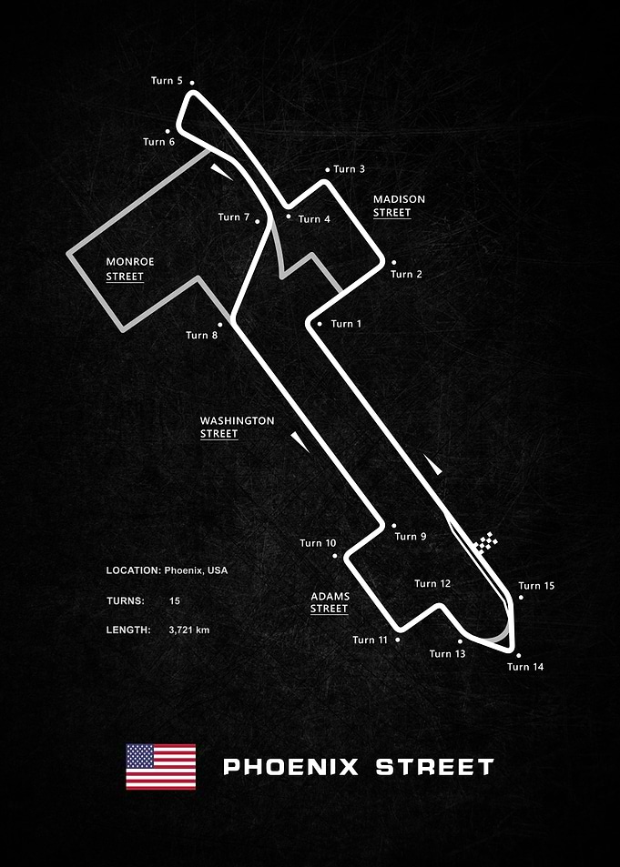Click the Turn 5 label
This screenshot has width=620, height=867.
pos(167,81)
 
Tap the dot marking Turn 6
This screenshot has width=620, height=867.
pos(168,132)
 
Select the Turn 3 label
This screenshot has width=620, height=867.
pos(349,169)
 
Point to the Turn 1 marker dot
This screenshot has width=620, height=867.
pos(320,324)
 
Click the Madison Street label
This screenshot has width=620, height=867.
pos(399,206)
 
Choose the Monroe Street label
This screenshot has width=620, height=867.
pos(130,268)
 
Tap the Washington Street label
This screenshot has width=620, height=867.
pos(237,428)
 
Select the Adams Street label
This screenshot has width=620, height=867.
pos(330,602)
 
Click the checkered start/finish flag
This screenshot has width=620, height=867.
pos(486,542)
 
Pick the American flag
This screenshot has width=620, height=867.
pos(160,766)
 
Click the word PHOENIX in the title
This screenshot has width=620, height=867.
pos(290,767)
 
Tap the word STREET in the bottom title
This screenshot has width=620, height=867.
pos(434,767)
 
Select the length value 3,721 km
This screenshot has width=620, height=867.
pos(188,630)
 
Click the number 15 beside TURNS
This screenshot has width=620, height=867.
pos(175,601)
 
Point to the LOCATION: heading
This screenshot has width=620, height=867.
pos(134,570)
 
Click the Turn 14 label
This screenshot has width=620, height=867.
pos(525,667)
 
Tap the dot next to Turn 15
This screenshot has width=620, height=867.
pos(521,597)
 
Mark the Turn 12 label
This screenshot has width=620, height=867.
pos(432,584)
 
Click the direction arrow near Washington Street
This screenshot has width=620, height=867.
pos(300,442)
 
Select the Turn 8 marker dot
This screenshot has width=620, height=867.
pos(219,325)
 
